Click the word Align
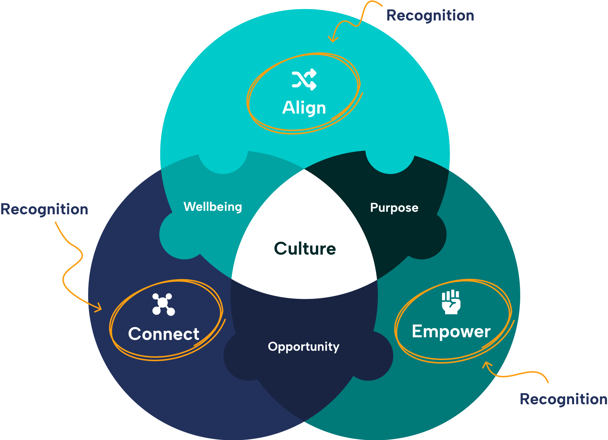pyautogui.click(x=304, y=108)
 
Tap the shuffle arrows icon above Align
pyautogui.click(x=304, y=79)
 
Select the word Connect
pyautogui.click(x=163, y=334)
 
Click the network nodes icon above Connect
pyautogui.click(x=163, y=304)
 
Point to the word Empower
pyautogui.click(x=451, y=331)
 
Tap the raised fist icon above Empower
pyautogui.click(x=451, y=302)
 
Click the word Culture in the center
pyautogui.click(x=305, y=249)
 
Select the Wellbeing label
pyautogui.click(x=213, y=207)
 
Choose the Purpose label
pyautogui.click(x=394, y=208)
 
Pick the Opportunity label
pyautogui.click(x=304, y=347)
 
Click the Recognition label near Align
pyautogui.click(x=430, y=15)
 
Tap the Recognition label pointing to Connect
pyautogui.click(x=44, y=209)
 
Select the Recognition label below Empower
pyautogui.click(x=563, y=399)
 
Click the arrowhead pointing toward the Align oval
pyautogui.click(x=333, y=40)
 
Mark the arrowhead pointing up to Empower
pyautogui.click(x=486, y=364)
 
